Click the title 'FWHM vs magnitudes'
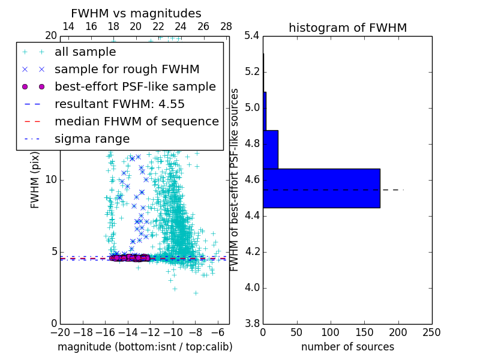pos(136,13)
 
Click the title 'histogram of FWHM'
pos(347,28)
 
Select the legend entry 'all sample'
pos(85,52)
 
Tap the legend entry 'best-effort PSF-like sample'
pos(135,87)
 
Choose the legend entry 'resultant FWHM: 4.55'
pos(119,104)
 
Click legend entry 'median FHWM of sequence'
pos(136,122)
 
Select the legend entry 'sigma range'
pos(92,139)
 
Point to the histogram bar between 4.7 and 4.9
pos(271,149)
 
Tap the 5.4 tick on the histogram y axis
pos(252,36)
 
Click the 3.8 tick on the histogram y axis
pos(252,323)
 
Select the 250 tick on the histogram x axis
pos(431,332)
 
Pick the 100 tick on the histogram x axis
pos(331,332)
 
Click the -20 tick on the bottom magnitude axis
pos(60,332)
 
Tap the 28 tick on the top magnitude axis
pos(226,27)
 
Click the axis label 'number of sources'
pos(347,347)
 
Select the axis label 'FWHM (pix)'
pos(35,180)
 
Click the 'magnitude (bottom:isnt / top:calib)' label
pos(145,347)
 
